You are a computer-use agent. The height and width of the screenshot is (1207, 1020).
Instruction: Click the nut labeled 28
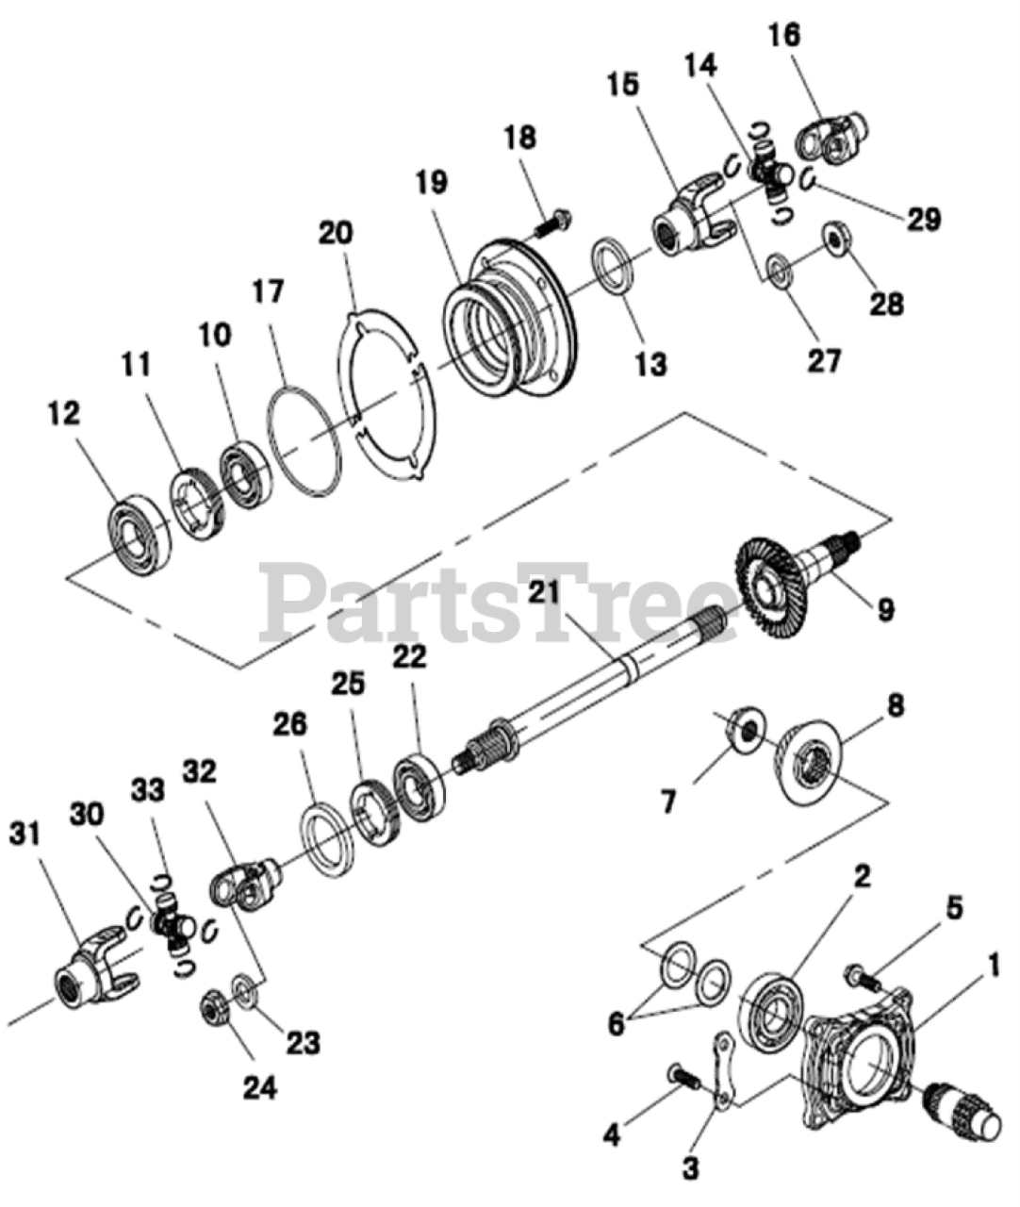[835, 237]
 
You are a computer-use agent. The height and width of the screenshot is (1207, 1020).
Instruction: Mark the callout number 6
[616, 1024]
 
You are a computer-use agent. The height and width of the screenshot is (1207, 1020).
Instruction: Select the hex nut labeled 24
[212, 1010]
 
